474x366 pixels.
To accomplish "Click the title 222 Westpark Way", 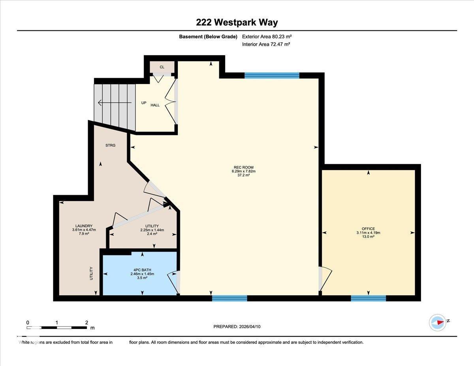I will click(x=237, y=23).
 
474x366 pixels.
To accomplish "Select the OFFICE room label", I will click(x=368, y=229).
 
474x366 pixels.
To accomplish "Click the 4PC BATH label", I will click(x=142, y=270).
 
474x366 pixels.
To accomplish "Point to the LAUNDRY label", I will click(x=84, y=226).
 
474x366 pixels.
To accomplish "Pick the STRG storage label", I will click(x=111, y=146).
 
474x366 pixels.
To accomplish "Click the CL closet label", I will click(x=162, y=67).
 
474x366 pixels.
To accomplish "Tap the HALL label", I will click(x=155, y=105).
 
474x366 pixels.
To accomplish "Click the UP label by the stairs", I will click(x=144, y=103).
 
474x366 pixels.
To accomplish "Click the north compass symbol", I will click(x=438, y=322).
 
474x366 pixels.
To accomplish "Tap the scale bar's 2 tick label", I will click(x=87, y=323).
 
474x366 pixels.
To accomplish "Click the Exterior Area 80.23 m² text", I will click(x=267, y=37).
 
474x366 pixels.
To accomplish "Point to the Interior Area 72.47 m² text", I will click(x=266, y=45).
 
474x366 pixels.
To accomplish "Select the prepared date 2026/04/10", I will click(x=237, y=327).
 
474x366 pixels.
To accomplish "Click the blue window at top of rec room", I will click(x=272, y=75).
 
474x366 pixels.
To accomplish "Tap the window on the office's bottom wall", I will click(x=368, y=298).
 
